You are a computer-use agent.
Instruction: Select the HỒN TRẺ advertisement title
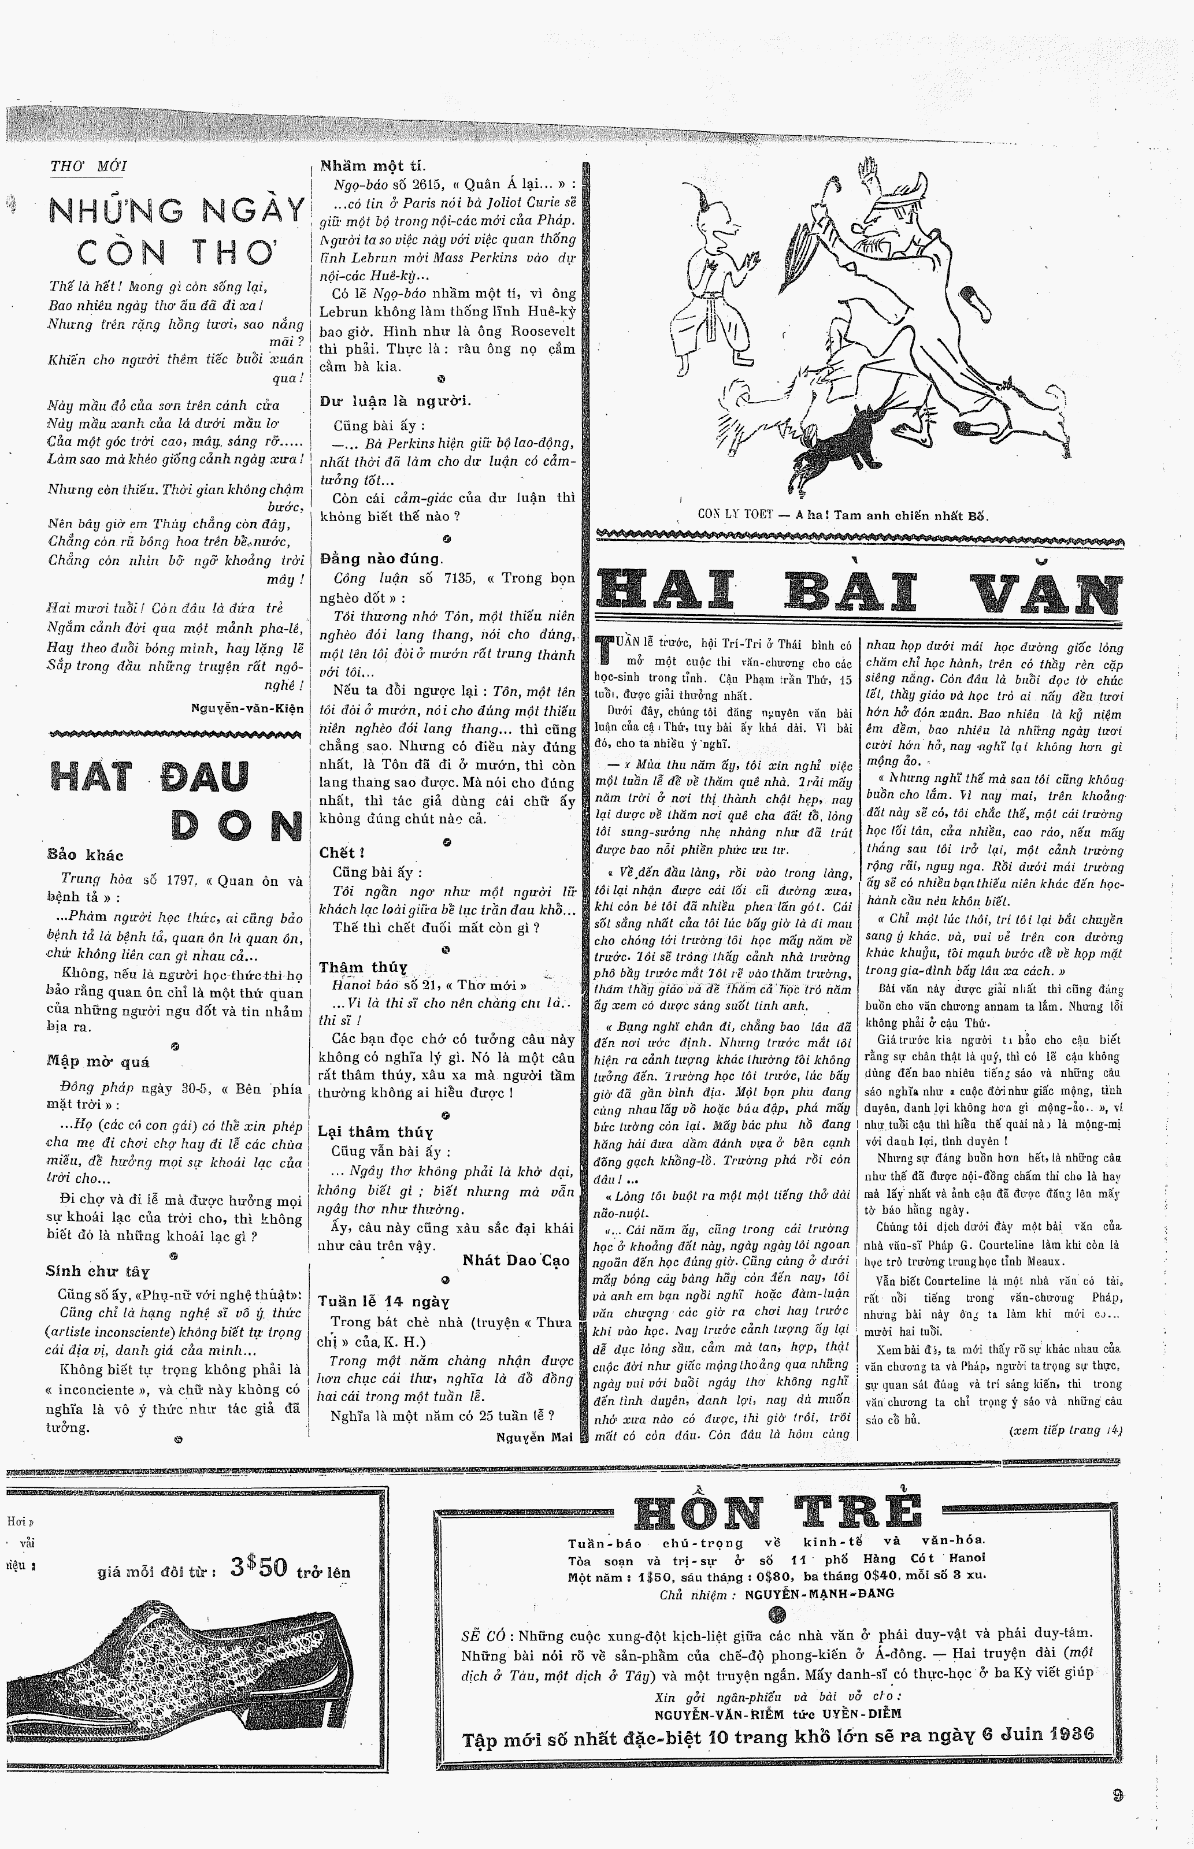click(778, 1513)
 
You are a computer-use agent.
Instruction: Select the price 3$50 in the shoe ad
click(259, 1568)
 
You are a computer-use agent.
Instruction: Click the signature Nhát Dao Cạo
click(516, 1261)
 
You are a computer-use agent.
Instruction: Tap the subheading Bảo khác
click(86, 856)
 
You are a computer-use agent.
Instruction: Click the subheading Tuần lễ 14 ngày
click(384, 1301)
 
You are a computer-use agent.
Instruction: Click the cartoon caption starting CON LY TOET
click(843, 515)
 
